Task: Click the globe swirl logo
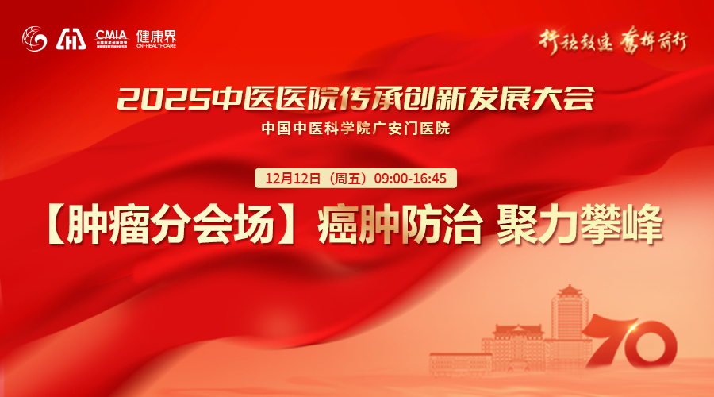tap(36, 37)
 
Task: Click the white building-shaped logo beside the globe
tap(71, 38)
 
